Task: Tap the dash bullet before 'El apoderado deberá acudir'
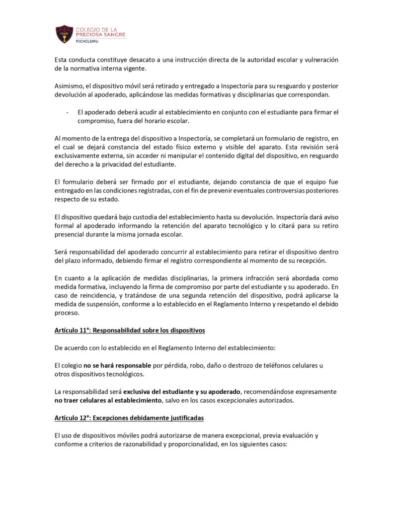point(67,112)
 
